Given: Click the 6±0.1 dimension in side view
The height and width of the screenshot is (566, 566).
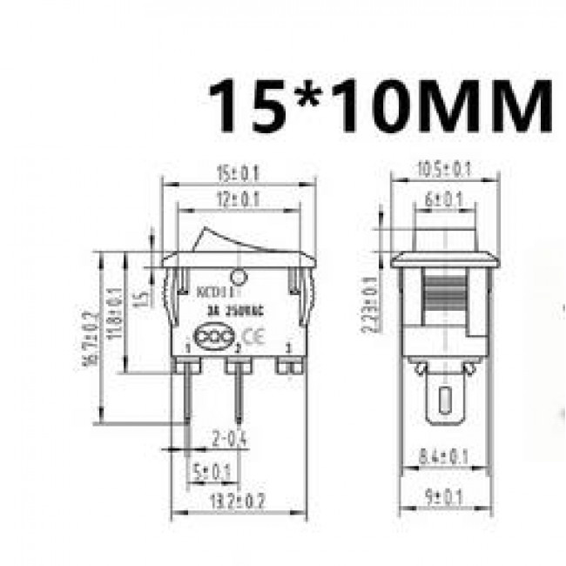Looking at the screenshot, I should [x=444, y=199].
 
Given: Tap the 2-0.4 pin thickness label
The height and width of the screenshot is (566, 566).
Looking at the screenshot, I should [x=230, y=441].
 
